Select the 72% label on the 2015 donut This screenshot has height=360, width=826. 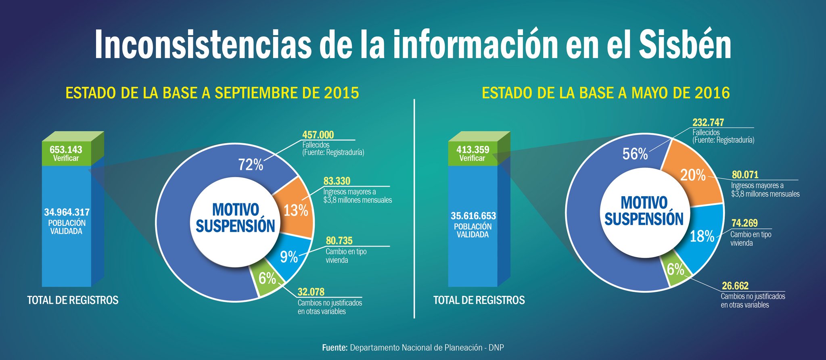251,165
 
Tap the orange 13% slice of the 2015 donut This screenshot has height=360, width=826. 296,210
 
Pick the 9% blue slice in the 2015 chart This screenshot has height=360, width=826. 289,257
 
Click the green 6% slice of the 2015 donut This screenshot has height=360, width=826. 267,278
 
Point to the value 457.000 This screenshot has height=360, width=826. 318,135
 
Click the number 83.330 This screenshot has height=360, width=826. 337,181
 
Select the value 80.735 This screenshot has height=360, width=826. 339,241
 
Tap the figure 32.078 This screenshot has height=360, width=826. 311,292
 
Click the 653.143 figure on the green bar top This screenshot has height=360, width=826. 66,149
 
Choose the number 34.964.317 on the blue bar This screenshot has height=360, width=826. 67,212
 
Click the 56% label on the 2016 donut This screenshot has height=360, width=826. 635,154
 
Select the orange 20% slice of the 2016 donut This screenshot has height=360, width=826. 693,175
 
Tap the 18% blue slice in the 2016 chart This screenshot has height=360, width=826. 702,237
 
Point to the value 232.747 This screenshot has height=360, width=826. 708,122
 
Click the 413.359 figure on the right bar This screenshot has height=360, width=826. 473,149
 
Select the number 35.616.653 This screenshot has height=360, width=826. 473,216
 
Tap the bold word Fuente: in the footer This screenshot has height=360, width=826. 335,347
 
